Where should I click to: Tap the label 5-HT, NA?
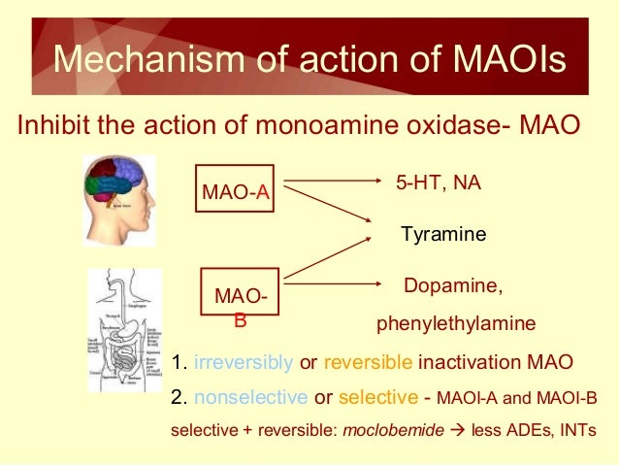(x=439, y=183)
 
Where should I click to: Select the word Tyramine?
(x=443, y=235)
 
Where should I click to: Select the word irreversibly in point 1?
(x=244, y=363)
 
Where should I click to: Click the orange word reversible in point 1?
(x=368, y=363)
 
